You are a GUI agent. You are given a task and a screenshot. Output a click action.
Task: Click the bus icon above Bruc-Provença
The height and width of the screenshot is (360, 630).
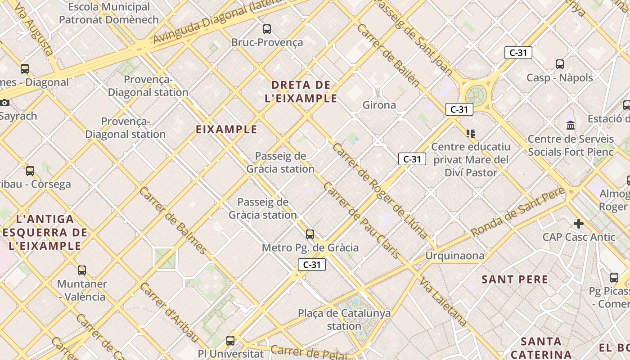267,29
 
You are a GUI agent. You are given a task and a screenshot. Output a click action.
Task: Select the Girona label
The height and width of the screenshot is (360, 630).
379,105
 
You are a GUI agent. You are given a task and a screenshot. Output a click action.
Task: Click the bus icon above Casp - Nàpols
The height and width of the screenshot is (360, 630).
560,64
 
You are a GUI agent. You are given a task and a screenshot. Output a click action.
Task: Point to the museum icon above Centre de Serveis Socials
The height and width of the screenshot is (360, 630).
571,125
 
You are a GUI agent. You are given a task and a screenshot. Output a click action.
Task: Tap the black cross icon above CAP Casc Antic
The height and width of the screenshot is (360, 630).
579,223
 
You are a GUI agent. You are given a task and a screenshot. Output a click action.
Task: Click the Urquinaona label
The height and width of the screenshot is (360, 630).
455,256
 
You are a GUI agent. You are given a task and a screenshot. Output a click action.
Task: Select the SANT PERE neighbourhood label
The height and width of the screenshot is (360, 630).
515,279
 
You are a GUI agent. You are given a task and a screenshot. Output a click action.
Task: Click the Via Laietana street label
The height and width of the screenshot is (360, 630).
443,302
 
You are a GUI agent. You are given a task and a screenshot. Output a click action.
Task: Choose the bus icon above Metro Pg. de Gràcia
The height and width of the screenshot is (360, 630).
310,234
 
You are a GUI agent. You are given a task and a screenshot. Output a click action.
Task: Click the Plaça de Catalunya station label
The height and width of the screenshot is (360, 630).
344,319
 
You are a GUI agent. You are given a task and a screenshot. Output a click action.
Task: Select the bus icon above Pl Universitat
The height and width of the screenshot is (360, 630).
230,340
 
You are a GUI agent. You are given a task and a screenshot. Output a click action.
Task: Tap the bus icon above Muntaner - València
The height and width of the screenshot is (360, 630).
82,270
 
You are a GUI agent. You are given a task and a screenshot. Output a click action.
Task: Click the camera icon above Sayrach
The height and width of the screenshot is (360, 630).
5,103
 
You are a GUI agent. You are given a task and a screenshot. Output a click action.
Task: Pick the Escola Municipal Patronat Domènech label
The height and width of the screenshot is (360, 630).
109,13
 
